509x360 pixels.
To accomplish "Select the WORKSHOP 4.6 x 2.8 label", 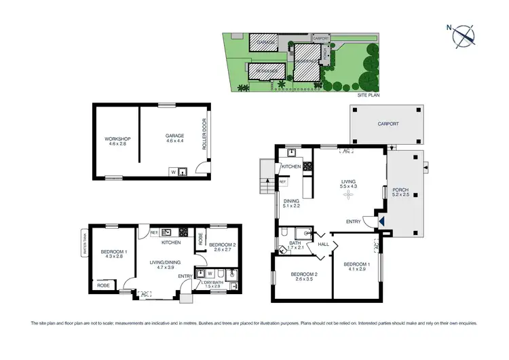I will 117,142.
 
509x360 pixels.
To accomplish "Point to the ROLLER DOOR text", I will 204,135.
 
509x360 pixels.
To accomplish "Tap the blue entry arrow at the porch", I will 381,221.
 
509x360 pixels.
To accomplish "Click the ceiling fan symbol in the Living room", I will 349,195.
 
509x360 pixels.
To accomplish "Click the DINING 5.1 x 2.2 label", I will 290,203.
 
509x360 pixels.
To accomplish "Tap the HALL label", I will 323,243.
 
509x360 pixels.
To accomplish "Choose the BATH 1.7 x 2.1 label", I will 295,245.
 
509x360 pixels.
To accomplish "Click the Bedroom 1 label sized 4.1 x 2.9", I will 356,266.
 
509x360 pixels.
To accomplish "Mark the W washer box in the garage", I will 173,173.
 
